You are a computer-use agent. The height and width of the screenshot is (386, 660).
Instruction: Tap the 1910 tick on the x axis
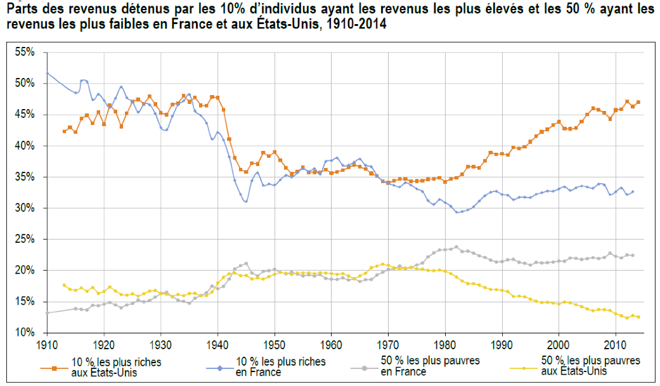[x=46, y=345]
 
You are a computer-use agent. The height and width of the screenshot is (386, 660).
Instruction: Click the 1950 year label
[x=274, y=345]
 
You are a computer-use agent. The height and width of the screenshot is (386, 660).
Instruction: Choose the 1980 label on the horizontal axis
[x=444, y=345]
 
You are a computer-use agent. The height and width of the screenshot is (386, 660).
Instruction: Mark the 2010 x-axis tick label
[x=615, y=345]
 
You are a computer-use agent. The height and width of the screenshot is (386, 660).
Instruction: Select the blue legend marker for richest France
[x=218, y=367]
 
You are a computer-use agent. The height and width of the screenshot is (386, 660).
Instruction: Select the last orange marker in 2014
[x=638, y=102]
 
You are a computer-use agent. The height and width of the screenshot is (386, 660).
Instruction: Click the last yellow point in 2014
[x=638, y=317]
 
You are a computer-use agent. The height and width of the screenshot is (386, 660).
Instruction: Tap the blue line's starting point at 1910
[x=47, y=73]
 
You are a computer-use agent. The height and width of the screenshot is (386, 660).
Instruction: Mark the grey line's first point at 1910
[x=47, y=312]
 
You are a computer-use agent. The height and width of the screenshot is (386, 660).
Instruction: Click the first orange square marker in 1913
[x=64, y=131]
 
